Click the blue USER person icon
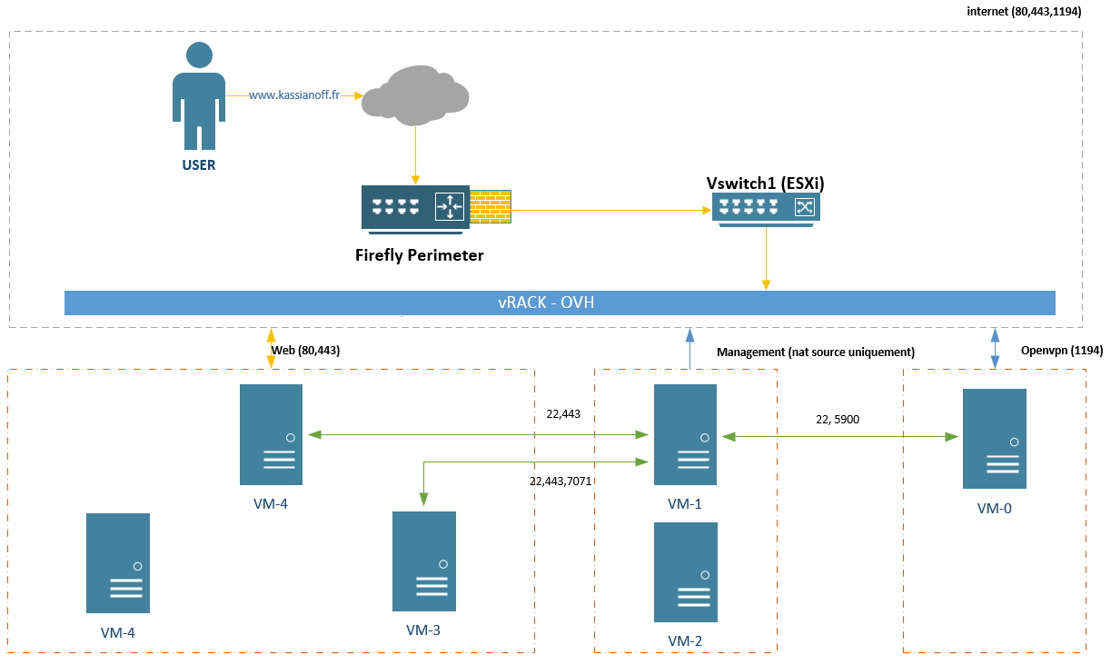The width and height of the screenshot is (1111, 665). (x=199, y=95)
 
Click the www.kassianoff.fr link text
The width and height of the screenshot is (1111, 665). (x=293, y=94)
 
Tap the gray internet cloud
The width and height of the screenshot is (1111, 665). (x=415, y=94)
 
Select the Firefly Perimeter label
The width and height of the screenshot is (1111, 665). (x=419, y=255)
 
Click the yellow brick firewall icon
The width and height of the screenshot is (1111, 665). (x=491, y=206)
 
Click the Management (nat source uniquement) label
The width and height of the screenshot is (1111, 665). (x=815, y=352)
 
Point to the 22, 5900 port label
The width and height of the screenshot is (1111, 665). (x=838, y=420)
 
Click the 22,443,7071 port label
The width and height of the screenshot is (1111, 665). (x=560, y=481)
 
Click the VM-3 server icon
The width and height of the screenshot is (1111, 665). (x=423, y=561)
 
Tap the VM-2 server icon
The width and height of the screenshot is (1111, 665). (x=685, y=571)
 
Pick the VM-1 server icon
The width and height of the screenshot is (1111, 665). (x=685, y=434)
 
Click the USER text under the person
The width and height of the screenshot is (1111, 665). (x=199, y=165)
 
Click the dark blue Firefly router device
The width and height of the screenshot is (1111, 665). (x=414, y=207)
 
